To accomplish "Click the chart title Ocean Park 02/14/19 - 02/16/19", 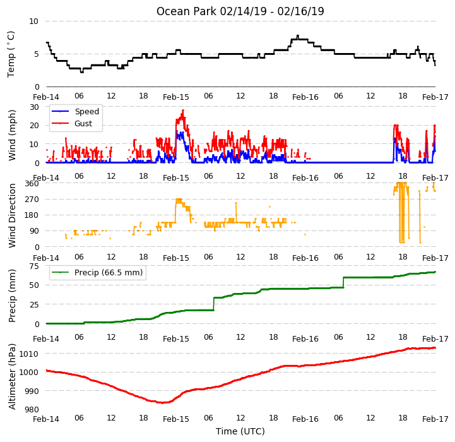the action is [x=240, y=11].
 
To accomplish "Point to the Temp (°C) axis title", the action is [x=11, y=54].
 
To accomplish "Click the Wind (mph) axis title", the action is [x=12, y=135].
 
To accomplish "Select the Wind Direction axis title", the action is [x=12, y=215].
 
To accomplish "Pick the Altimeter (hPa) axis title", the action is [x=12, y=376].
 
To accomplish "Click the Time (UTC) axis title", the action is [x=240, y=431].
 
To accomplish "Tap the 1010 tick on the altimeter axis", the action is [x=29, y=354].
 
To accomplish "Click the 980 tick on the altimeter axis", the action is [x=32, y=409].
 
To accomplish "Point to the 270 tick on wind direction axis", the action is [x=32, y=200].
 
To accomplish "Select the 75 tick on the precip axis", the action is [x=34, y=266].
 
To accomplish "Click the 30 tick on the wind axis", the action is [x=34, y=107].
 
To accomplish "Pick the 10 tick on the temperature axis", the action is [x=33, y=21].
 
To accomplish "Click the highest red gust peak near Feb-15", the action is [x=183, y=110].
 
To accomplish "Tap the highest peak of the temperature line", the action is [x=298, y=36].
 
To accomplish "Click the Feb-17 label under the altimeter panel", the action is [x=435, y=419].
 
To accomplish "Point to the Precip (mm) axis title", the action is [x=12, y=296].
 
